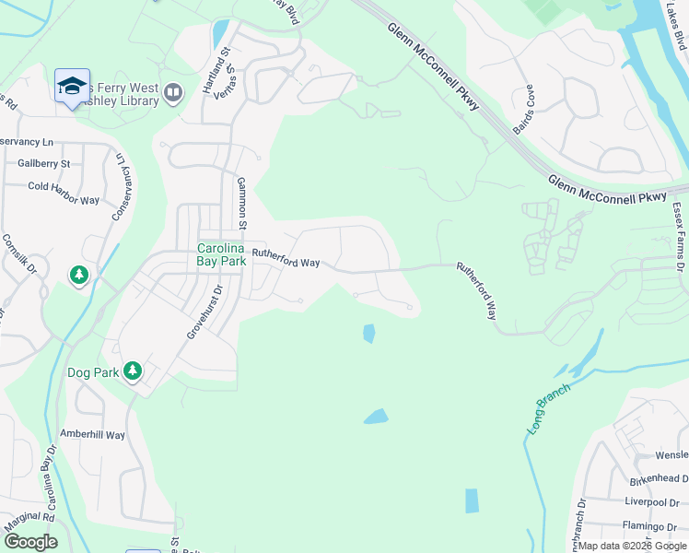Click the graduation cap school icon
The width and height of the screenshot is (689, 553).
[x=72, y=87]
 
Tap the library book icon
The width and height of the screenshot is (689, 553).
[x=173, y=91]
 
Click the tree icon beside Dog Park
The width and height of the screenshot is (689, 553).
[x=134, y=371]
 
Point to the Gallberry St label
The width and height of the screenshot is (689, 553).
[x=43, y=164]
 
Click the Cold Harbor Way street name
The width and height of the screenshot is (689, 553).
[x=64, y=187]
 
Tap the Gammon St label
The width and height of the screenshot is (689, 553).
[x=242, y=203]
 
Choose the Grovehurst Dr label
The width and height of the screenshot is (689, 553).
[x=205, y=312]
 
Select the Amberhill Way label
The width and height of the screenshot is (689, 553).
[x=91, y=435]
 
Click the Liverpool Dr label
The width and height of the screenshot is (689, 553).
[x=651, y=502]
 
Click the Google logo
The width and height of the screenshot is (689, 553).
[x=30, y=542]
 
